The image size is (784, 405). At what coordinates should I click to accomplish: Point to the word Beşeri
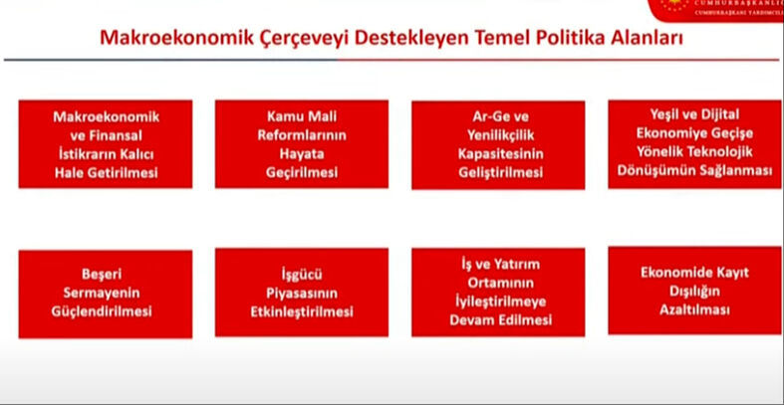[x=105, y=274]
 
